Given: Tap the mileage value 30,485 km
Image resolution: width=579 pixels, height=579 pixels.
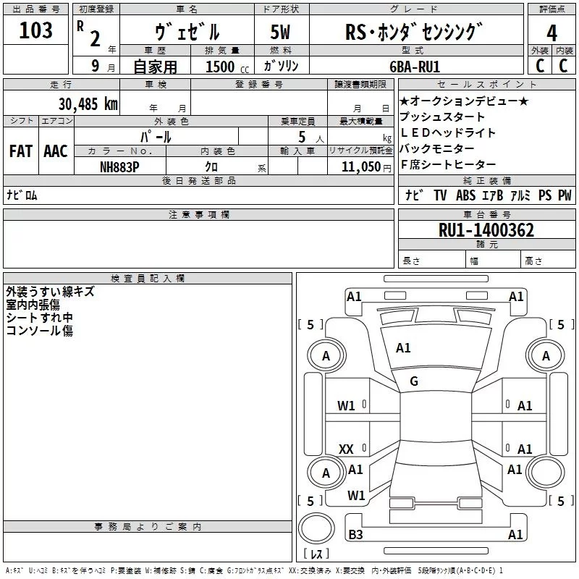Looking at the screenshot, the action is (88, 103).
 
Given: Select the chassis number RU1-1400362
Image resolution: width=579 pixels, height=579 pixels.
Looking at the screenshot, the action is (486, 230).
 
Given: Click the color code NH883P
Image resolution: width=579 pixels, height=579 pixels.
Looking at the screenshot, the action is (119, 167).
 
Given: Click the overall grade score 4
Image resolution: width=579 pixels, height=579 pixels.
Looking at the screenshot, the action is (552, 33).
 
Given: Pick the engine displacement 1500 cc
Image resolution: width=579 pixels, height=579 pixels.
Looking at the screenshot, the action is (224, 67).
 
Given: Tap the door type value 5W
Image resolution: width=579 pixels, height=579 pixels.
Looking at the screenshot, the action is (282, 33).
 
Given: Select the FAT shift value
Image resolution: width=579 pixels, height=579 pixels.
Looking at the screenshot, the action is (20, 151).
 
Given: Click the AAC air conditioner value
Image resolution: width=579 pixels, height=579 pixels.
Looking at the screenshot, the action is (55, 151).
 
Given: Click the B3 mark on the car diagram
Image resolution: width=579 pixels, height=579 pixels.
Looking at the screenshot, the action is (355, 535).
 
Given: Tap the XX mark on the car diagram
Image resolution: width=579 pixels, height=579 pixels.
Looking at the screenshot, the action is (346, 449).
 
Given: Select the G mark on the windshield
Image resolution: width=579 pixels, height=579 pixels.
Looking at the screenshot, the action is (414, 381).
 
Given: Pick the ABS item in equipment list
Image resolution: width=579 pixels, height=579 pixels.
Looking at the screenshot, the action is (465, 195).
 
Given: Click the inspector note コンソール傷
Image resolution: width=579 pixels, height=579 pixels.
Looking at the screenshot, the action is (39, 331).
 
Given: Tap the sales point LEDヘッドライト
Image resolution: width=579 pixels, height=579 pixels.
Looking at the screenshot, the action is (448, 133).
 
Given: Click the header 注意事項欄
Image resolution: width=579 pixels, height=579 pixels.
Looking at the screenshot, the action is (198, 215).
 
